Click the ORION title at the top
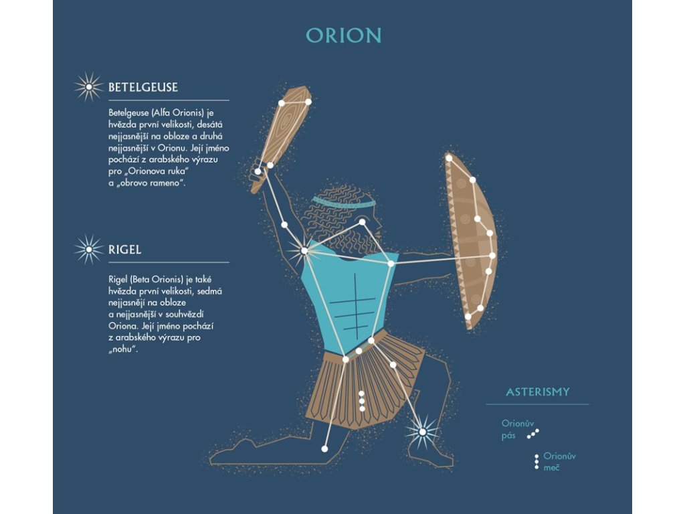coord(343,35)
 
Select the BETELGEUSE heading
coord(143,87)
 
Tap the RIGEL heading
coord(125,250)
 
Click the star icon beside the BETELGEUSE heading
coord(88,87)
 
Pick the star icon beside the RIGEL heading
coord(88,250)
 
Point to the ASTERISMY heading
coord(538,392)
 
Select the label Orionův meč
coord(559,462)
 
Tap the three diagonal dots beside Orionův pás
coord(533,434)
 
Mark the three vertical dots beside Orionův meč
coord(536,462)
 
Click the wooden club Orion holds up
coord(281,134)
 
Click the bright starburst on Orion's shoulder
coord(304,251)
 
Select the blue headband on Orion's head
coord(342,201)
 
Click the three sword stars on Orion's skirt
coord(362,401)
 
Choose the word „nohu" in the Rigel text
coord(122,349)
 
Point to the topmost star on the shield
coord(449,159)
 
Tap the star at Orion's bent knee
coord(324,448)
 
